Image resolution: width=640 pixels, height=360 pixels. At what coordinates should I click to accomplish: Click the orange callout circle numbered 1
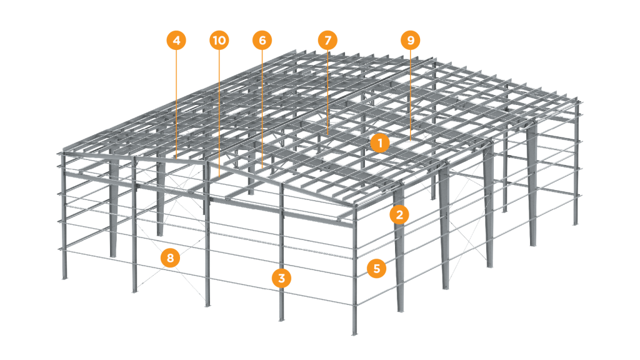click(x=380, y=143)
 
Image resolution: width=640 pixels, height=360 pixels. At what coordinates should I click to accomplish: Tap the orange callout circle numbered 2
click(x=399, y=215)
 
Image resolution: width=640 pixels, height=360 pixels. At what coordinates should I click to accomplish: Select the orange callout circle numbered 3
click(x=282, y=278)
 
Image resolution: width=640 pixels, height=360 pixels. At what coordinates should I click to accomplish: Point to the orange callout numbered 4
click(x=176, y=41)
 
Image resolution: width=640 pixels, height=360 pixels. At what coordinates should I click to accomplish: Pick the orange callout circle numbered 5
click(x=377, y=269)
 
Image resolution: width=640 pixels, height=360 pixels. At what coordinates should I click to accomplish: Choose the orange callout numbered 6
click(x=262, y=41)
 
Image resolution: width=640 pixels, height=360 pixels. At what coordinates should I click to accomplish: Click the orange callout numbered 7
click(x=327, y=41)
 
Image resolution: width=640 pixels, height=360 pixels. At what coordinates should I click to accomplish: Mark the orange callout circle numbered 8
click(x=170, y=258)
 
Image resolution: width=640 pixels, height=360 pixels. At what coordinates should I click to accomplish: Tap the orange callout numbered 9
click(x=411, y=41)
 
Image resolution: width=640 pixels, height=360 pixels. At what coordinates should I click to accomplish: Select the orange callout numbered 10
click(x=219, y=41)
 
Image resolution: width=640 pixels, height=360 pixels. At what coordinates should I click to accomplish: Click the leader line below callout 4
click(x=176, y=104)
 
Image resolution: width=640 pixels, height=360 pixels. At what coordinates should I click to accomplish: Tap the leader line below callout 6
click(x=262, y=109)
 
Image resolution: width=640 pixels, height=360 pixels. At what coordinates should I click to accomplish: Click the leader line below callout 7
click(x=327, y=92)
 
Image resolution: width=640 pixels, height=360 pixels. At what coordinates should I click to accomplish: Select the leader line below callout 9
click(x=411, y=95)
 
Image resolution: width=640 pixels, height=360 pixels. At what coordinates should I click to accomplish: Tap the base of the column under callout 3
click(x=281, y=319)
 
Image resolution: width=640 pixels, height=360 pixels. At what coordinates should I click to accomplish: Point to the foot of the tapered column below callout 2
click(x=401, y=310)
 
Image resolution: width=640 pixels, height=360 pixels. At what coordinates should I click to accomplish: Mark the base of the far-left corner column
click(x=64, y=277)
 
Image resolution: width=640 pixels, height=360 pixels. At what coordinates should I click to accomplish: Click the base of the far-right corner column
click(x=575, y=223)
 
